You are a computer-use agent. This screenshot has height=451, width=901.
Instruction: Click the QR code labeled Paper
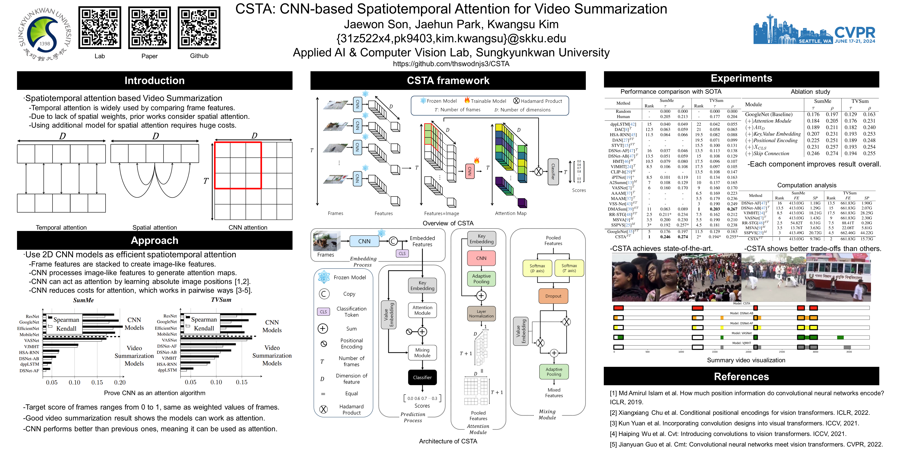149,28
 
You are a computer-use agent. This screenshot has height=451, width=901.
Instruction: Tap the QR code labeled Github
199,28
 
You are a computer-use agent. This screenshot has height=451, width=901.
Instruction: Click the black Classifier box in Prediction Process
422,377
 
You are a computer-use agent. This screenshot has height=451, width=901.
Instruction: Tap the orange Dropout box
553,296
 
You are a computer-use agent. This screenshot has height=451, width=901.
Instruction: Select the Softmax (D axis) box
537,268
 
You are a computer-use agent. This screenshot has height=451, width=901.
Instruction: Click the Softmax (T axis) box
569,268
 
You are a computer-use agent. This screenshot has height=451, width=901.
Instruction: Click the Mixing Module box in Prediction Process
422,353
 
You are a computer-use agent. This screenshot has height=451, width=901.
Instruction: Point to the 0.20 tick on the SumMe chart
120,382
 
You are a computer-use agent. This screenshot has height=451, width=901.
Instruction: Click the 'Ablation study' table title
810,92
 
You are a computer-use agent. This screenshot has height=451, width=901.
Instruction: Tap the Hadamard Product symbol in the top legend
516,101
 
